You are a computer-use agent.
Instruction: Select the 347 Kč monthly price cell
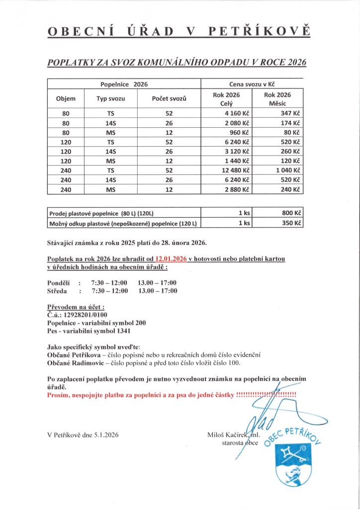290,113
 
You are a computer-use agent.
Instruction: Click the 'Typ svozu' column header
110,99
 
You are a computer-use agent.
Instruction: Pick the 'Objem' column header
66,99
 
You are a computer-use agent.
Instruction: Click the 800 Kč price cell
291,213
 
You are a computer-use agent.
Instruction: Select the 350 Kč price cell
291,224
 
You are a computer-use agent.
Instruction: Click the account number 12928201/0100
86,314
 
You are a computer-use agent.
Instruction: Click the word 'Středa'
57,291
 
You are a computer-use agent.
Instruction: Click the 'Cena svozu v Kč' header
252,85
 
